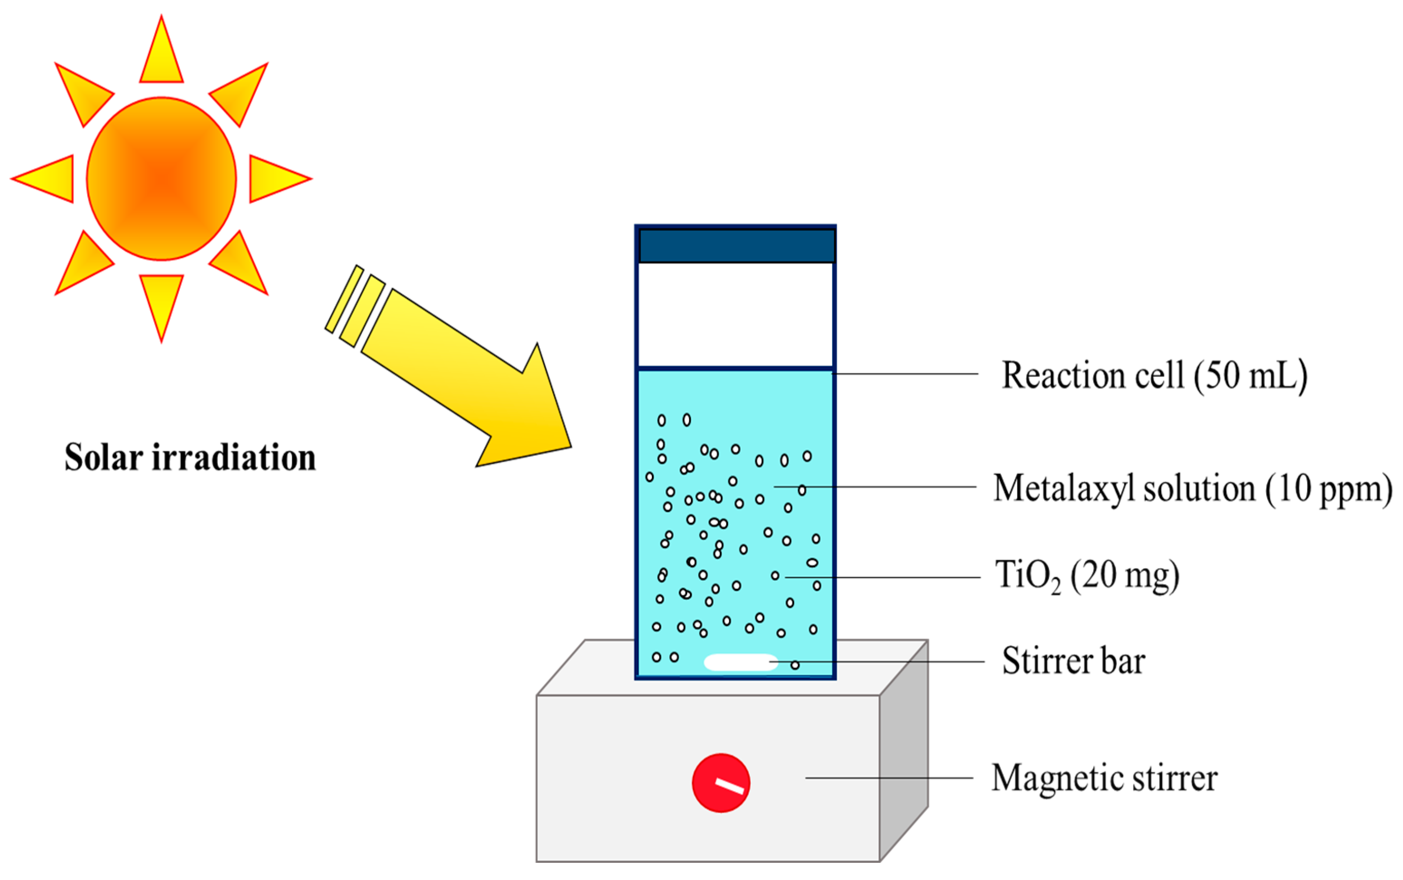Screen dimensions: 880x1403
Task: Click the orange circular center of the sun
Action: (x=161, y=179)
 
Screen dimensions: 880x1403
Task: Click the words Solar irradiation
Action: (x=190, y=458)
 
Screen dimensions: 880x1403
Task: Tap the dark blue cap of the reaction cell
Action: (x=737, y=246)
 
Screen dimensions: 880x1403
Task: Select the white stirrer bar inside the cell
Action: (x=740, y=662)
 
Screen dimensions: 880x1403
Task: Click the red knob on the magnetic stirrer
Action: (x=721, y=783)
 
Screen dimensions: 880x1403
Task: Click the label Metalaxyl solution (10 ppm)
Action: (x=1193, y=488)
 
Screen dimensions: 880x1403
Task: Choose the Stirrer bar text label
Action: (x=1073, y=661)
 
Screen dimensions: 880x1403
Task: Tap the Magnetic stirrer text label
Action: (x=1104, y=778)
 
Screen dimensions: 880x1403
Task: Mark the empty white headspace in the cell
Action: (x=736, y=314)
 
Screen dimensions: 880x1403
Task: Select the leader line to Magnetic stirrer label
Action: (x=889, y=778)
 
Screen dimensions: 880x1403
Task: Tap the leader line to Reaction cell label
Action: (x=906, y=373)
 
